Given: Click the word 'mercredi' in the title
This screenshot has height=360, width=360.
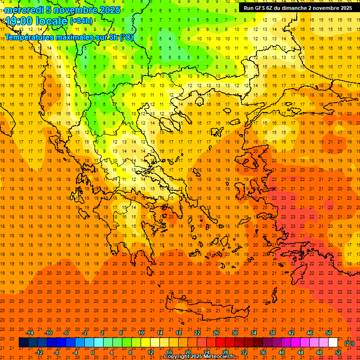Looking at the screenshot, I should [x=24, y=10].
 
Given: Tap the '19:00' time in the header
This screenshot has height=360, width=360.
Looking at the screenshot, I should [x=19, y=21].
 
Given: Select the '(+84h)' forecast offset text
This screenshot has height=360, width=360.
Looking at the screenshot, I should [x=81, y=21].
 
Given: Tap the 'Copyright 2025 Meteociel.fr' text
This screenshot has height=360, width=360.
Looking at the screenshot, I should [x=199, y=357].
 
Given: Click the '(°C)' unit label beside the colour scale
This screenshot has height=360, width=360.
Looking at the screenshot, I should [x=349, y=343].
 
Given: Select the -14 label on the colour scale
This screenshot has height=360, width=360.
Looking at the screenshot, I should [x=30, y=333].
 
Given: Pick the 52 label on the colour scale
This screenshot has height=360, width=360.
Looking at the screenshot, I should [x=338, y=352].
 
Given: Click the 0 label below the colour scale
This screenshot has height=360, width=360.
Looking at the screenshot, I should [x=92, y=352].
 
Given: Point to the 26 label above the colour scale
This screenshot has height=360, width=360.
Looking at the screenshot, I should [x=216, y=333].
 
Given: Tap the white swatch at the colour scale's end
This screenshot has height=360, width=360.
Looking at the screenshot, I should [x=333, y=342].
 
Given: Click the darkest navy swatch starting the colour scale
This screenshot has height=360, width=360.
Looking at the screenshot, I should [x=23, y=342].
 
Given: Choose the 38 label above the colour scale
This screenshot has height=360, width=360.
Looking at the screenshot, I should [x=272, y=333].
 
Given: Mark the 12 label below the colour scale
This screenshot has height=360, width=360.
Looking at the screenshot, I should [x=151, y=352].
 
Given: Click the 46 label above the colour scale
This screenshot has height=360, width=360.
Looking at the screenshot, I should [x=310, y=333].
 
